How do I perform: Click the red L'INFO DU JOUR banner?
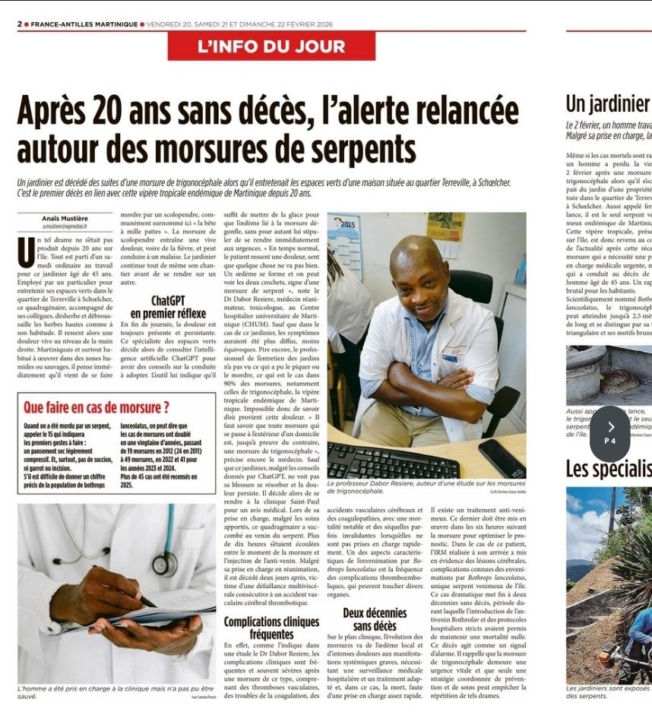tap(271, 46)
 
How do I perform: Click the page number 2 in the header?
tap(20, 24)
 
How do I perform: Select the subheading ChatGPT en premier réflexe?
tap(168, 307)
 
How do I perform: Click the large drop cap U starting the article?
tap(26, 253)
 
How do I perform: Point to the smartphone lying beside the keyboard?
tap(501, 458)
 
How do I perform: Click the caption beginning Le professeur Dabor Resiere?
tap(426, 486)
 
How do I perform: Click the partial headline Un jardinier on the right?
tap(608, 105)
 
